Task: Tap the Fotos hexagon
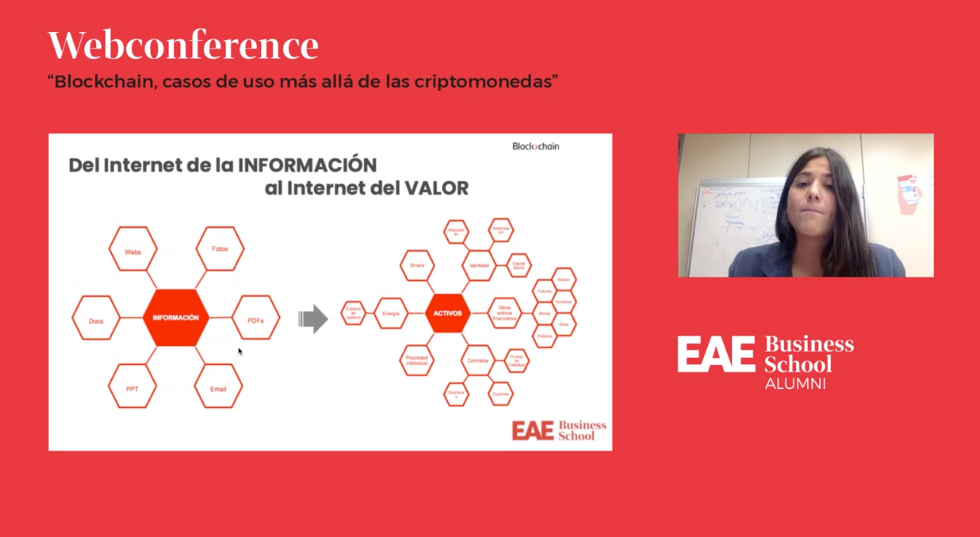click(220, 248)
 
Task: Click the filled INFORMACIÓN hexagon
click(176, 317)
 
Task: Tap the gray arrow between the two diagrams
click(313, 319)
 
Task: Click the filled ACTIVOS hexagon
click(447, 313)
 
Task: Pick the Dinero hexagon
click(417, 265)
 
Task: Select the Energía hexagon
click(391, 313)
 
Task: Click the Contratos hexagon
click(478, 360)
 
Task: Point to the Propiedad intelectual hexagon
click(417, 360)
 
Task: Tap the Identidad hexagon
click(479, 265)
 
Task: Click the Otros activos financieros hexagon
click(504, 313)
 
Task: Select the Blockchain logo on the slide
click(536, 147)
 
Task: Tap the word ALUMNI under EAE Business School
click(795, 384)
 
